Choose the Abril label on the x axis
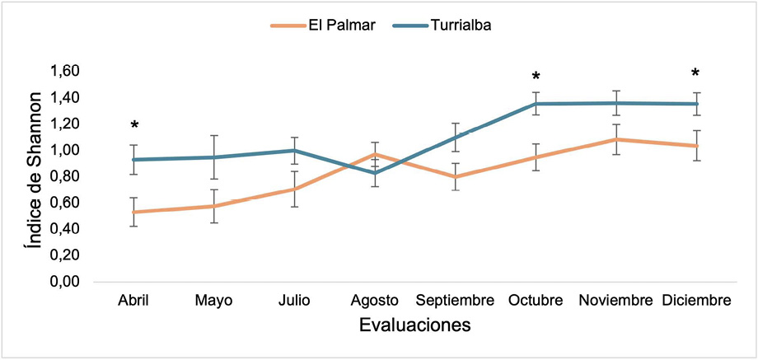[x=133, y=301]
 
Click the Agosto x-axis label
[x=375, y=301]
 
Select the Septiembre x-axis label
[x=456, y=301]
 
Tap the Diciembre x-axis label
[x=697, y=301]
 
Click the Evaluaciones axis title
[x=415, y=326]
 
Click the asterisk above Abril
[x=134, y=126]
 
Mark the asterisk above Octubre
[x=536, y=79]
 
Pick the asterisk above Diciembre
[x=697, y=74]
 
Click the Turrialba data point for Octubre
[x=536, y=104]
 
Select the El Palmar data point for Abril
[x=134, y=212]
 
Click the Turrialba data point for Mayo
[x=214, y=157]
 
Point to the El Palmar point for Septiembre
[x=456, y=176]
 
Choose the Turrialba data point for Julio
[x=295, y=151]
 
